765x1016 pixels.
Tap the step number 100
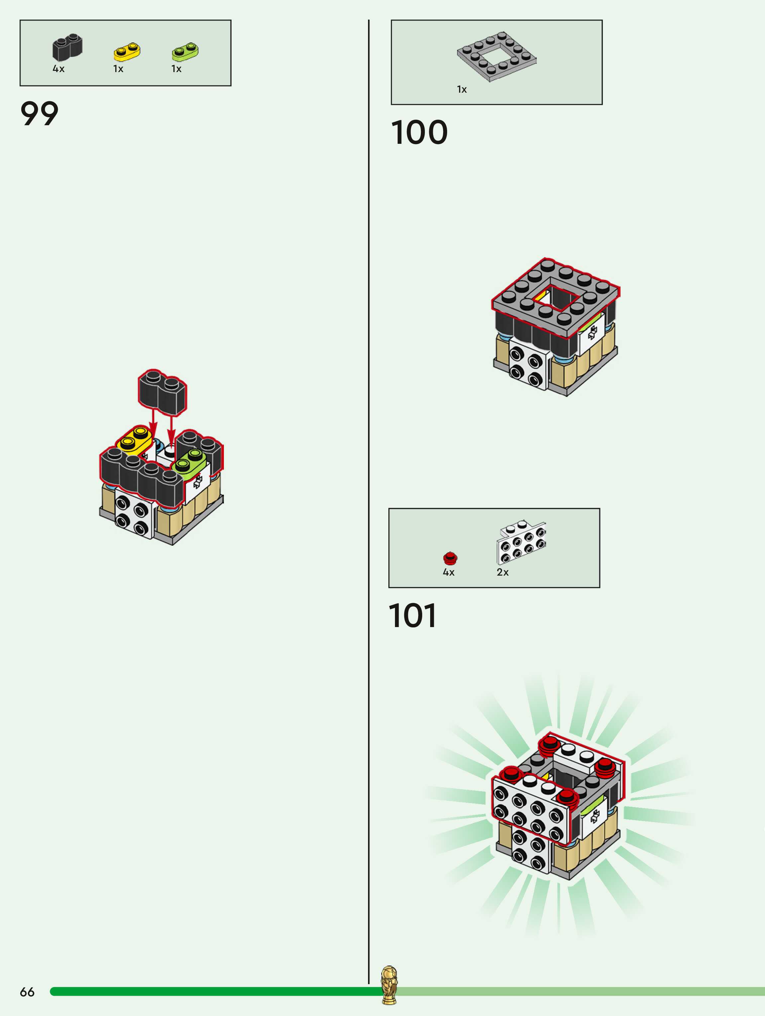pos(419,133)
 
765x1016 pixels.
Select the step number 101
pos(412,615)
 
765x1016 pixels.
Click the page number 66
pos(27,992)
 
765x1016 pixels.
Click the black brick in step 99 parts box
pos(67,47)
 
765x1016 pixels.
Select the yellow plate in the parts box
pos(127,52)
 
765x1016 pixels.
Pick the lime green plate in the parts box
pos(185,51)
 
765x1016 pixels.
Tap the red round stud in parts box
pos(450,558)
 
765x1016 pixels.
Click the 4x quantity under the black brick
pos(58,69)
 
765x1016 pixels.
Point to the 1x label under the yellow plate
pos(118,69)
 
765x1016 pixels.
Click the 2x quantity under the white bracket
pos(503,572)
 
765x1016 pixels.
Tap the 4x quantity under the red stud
pos(448,572)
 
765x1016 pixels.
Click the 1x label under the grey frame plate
pos(462,90)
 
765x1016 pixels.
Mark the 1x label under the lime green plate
pos(176,69)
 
